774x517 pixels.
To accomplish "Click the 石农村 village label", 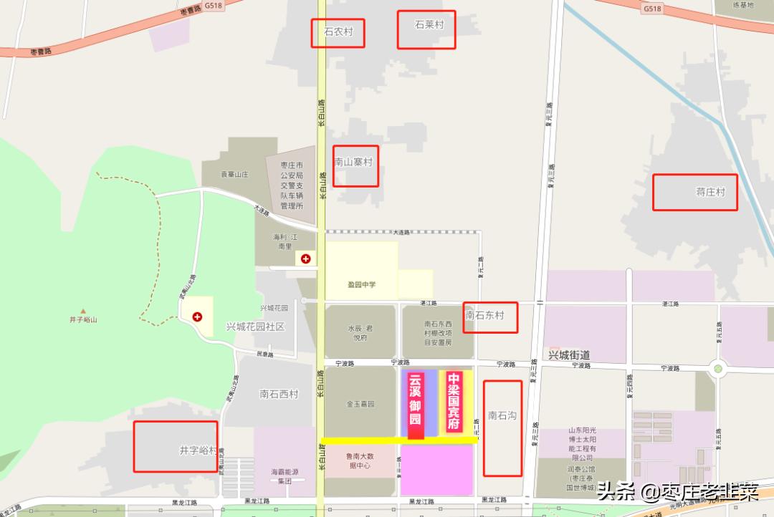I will [338, 32].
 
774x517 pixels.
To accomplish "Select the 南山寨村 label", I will [354, 163].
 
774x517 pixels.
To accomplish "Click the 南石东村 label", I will [485, 315].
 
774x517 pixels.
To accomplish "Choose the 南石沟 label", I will [502, 415].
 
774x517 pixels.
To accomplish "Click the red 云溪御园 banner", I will [416, 405].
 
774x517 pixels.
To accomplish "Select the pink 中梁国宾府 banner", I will [454, 401].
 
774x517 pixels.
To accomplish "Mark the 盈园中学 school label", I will [362, 285].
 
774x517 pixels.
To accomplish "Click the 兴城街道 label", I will [568, 355].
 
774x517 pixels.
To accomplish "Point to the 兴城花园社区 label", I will [256, 327].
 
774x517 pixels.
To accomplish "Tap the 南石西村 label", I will [279, 394].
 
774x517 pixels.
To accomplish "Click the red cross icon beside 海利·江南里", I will [306, 258].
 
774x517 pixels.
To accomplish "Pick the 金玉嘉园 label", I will [360, 404].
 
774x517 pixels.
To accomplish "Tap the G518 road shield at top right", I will [651, 9].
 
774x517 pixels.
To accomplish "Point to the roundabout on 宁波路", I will [717, 369].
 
